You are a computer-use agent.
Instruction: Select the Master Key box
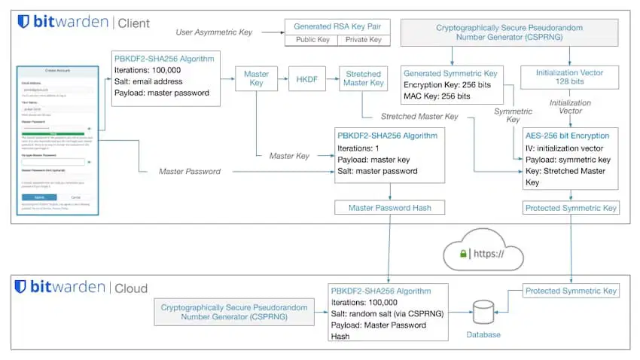(x=257, y=78)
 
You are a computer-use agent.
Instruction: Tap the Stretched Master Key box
(x=364, y=78)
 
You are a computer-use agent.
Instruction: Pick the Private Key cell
(x=364, y=40)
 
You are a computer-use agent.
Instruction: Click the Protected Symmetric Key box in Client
(x=571, y=207)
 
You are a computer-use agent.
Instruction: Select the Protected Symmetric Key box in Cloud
(x=571, y=290)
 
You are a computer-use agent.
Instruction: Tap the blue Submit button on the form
(x=44, y=197)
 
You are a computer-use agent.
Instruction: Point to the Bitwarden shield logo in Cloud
(x=20, y=287)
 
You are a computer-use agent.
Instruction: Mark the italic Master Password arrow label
(x=189, y=172)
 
